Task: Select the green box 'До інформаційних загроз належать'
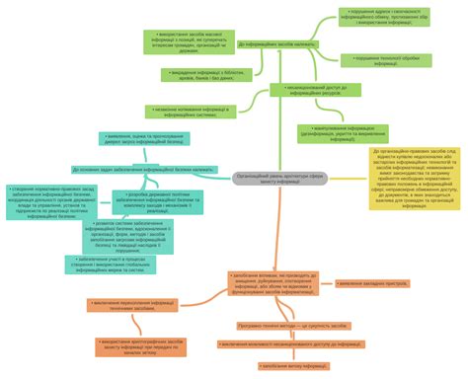[x=277, y=44]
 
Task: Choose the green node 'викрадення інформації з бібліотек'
[x=201, y=74]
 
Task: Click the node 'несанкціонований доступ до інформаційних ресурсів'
[x=313, y=90]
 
